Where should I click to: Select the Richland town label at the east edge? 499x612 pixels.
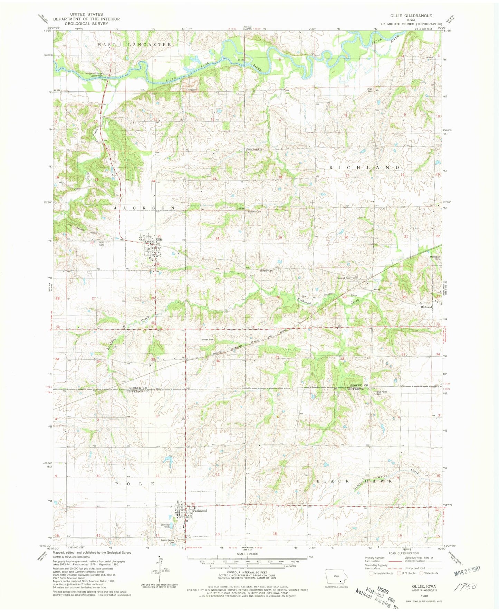click(x=426, y=307)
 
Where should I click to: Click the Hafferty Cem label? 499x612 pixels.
click(x=266, y=271)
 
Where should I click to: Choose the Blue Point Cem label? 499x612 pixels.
click(x=381, y=393)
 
